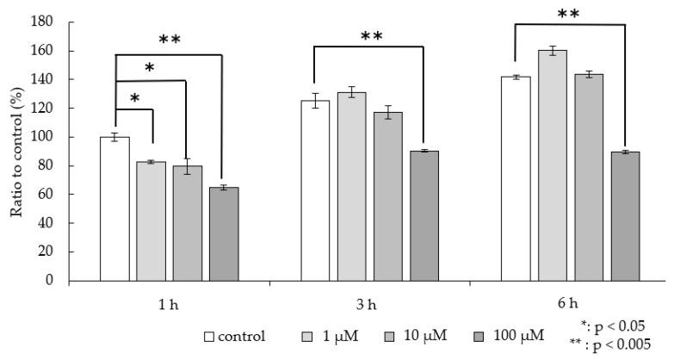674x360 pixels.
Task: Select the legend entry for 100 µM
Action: pyautogui.click(x=511, y=335)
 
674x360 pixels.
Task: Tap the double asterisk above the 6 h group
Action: pyautogui.click(x=568, y=15)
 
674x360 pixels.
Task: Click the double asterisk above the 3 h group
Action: pyautogui.click(x=372, y=37)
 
